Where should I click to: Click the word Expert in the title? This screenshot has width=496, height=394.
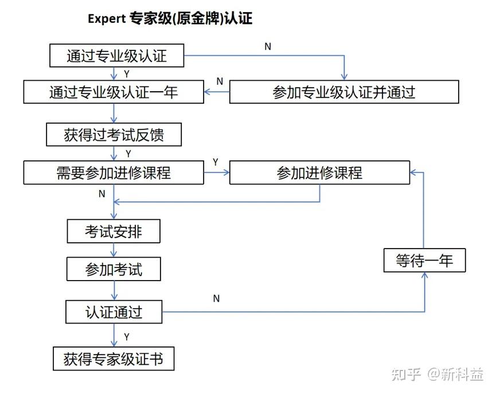coord(107,19)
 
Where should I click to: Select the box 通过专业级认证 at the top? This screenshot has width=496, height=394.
coord(117,56)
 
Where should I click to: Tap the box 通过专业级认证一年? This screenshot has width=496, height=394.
coord(114,92)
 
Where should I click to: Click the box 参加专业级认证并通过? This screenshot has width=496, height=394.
coord(344,92)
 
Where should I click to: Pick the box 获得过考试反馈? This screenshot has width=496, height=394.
coord(114,135)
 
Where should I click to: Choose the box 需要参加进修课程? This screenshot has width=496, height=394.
coord(114,172)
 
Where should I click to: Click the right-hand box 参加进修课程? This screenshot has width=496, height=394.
coord(319,172)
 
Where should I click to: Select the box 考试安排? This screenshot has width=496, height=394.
coord(114,231)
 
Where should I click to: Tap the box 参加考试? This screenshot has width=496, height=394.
coord(114,269)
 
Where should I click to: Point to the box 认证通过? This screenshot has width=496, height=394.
coord(114,312)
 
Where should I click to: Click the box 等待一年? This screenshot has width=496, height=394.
coord(424,261)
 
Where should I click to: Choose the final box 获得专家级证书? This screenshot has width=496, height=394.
coord(114,359)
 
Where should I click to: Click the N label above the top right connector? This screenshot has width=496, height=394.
coord(268,47)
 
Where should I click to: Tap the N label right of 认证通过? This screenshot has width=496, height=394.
coord(216,298)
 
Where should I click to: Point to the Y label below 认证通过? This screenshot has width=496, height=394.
coord(127,337)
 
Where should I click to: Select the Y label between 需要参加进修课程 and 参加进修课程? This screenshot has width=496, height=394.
coord(216,162)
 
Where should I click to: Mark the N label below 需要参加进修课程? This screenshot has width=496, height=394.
coord(102,194)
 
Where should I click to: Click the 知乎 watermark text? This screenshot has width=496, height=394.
coord(406,375)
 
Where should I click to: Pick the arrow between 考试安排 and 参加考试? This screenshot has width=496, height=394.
coord(114,250)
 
